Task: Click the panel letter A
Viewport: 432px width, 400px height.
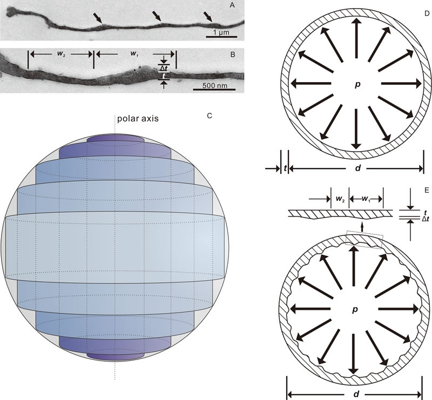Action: (x=232, y=5)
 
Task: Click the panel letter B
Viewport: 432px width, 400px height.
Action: (x=233, y=55)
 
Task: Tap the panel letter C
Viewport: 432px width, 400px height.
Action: (x=210, y=116)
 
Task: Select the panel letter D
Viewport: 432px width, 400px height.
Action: (x=427, y=13)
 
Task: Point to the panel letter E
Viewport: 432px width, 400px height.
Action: (x=427, y=190)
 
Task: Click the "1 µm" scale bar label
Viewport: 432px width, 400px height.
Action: (x=221, y=32)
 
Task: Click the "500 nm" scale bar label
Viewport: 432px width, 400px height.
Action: (x=215, y=85)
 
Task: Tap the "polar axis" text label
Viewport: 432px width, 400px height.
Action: (x=138, y=119)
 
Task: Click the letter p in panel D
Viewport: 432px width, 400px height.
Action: (x=357, y=84)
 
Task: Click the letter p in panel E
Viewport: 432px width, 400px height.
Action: (x=355, y=309)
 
